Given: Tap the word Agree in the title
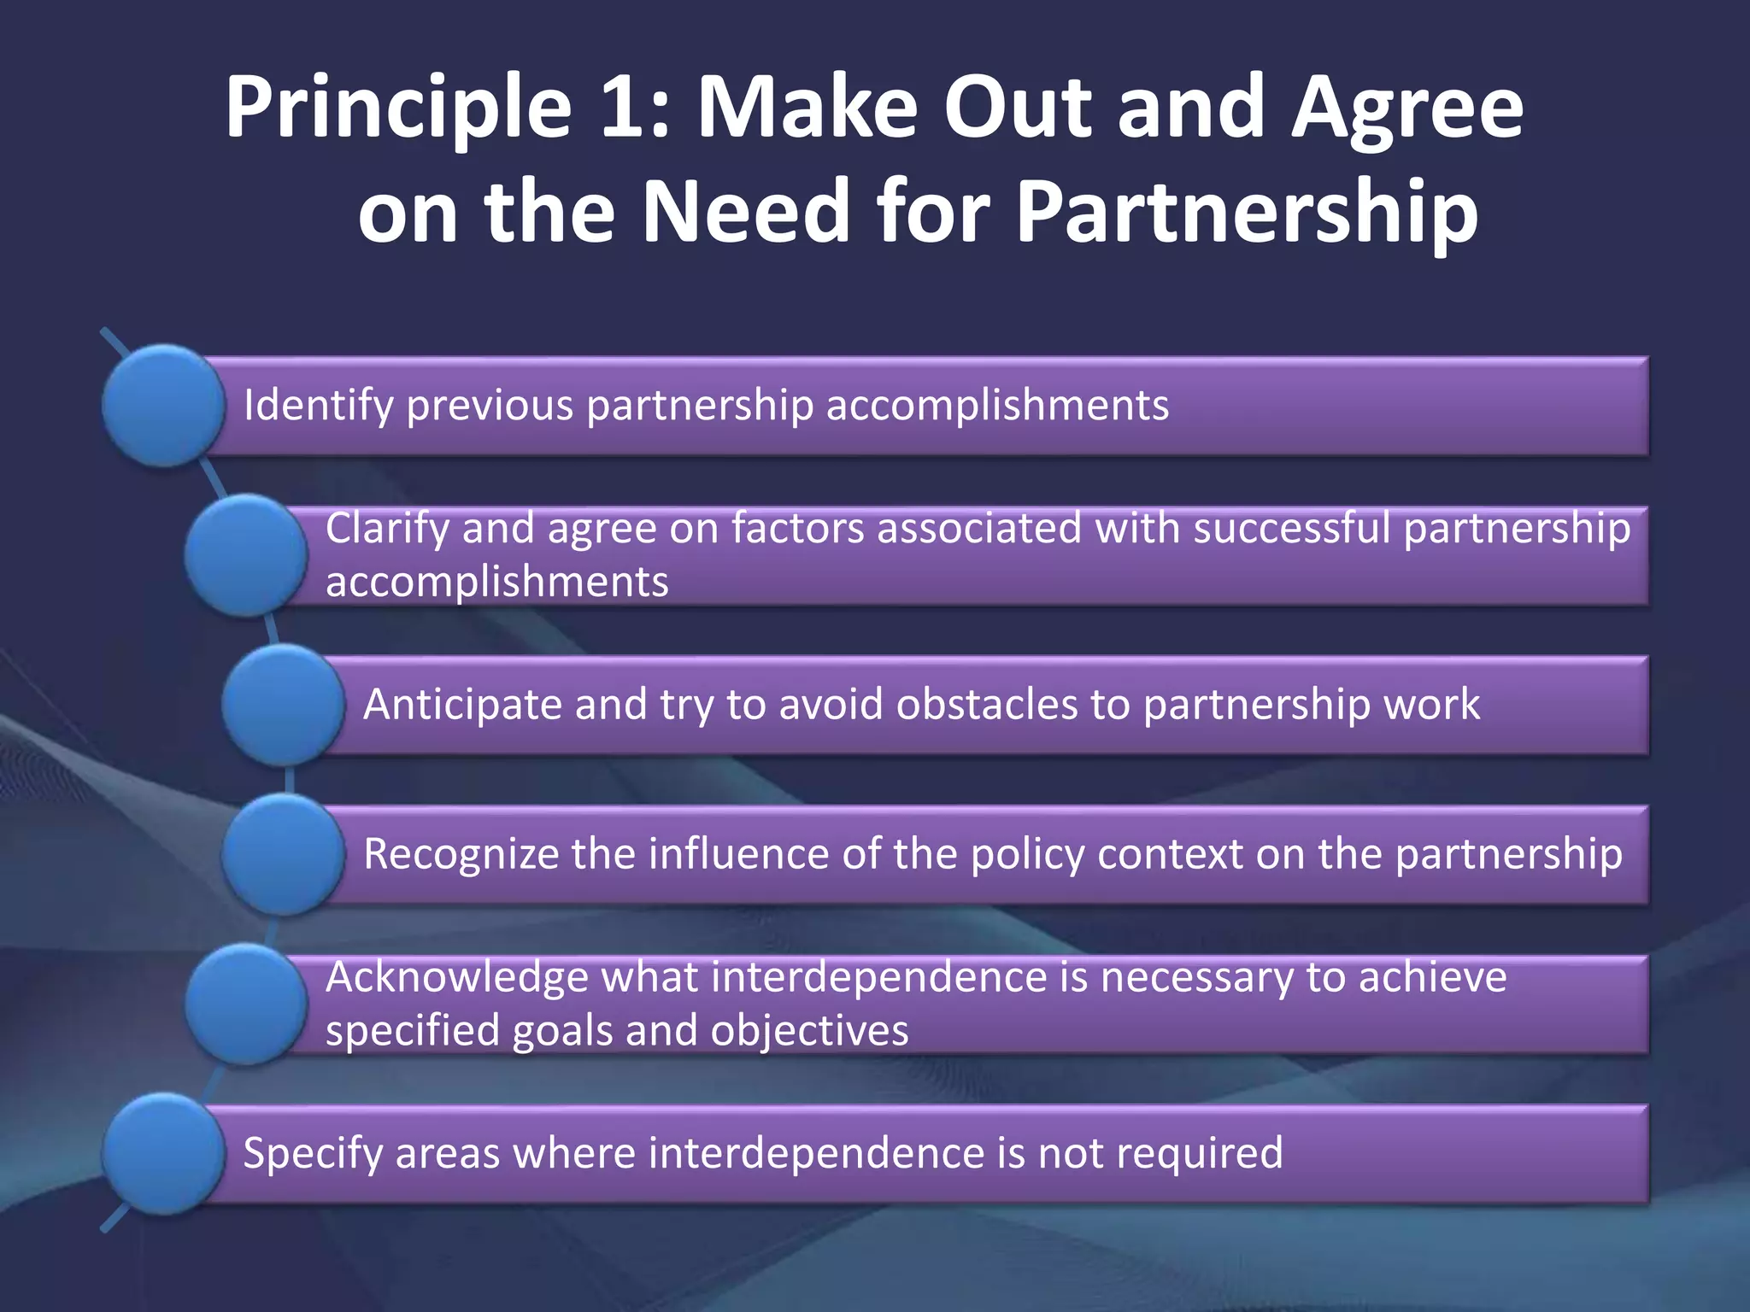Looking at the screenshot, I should tap(1407, 109).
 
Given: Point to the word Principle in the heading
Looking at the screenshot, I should tap(398, 109).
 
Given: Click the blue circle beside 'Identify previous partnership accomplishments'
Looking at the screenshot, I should tap(163, 406).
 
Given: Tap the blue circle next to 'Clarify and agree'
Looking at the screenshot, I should tap(246, 555).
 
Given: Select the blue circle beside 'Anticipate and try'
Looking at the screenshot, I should tap(283, 705).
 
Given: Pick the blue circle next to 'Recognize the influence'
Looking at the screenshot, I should tap(283, 854).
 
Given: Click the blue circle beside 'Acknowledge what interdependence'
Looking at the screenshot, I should tap(246, 1004).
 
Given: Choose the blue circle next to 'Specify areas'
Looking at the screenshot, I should tap(163, 1153).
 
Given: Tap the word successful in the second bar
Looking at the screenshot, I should tap(1291, 528).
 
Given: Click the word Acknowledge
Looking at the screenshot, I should tap(456, 977).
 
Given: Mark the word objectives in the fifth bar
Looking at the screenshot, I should tap(809, 1031).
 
